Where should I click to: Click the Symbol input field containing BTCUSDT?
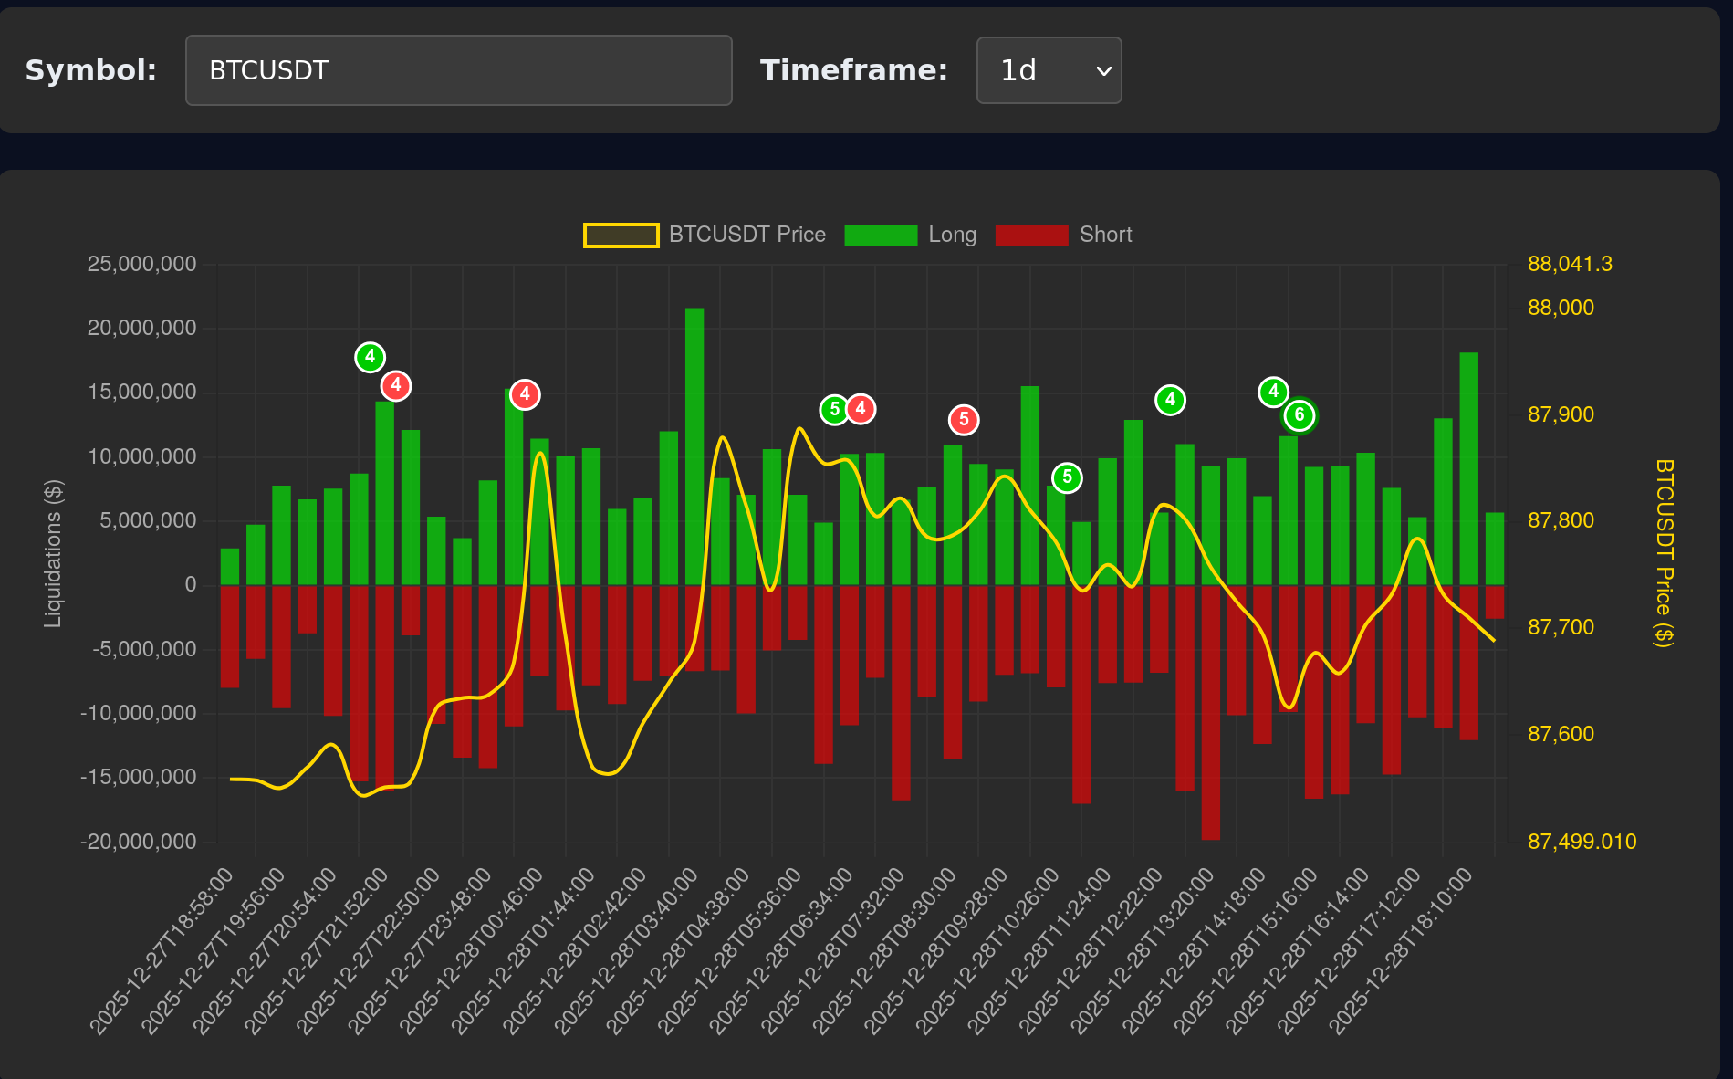458,70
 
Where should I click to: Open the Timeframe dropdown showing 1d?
1049,70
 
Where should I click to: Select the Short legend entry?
1064,235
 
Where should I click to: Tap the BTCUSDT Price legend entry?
705,235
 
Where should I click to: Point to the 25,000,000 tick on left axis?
141,264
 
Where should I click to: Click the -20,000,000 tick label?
139,842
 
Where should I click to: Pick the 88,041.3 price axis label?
1570,264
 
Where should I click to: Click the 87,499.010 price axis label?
1582,842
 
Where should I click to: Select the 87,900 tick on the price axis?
1561,414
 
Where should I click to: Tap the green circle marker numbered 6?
1300,415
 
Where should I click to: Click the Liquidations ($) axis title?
53,553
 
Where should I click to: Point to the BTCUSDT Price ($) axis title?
1665,553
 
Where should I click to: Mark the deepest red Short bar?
1211,712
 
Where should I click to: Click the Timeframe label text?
854,70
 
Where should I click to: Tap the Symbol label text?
91,70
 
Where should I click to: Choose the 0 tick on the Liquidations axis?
191,585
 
